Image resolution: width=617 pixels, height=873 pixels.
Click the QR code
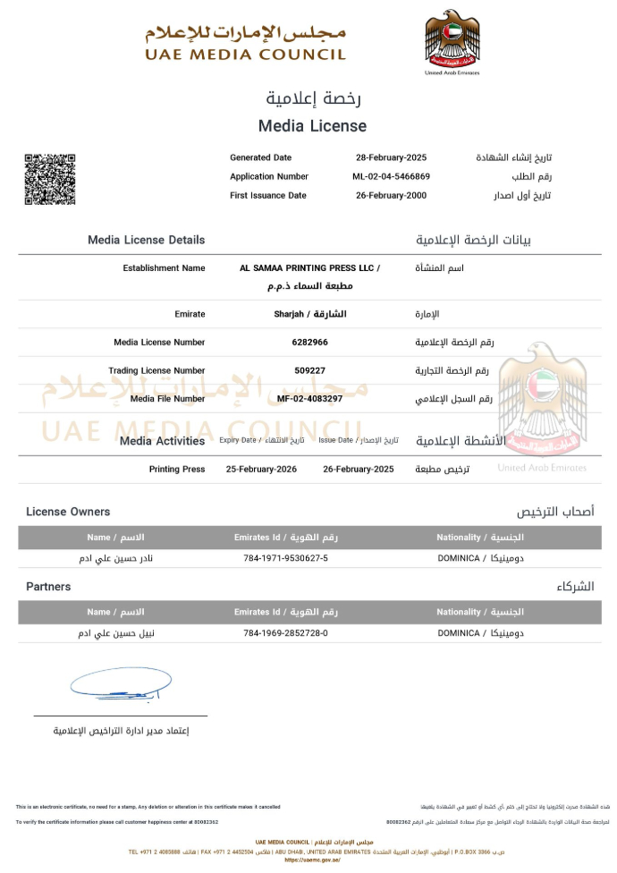click(x=49, y=179)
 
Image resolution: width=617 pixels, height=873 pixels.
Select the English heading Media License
click(x=312, y=126)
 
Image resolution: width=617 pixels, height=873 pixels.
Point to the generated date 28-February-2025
click(x=391, y=157)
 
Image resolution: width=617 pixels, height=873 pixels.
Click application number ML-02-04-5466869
click(x=391, y=176)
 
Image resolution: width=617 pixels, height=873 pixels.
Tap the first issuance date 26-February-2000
click(x=391, y=195)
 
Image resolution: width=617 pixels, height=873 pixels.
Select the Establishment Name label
click(x=164, y=267)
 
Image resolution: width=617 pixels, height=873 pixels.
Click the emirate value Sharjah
click(x=309, y=314)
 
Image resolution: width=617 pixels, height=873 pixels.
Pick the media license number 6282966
click(x=309, y=343)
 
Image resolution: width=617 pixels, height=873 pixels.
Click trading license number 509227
click(x=309, y=370)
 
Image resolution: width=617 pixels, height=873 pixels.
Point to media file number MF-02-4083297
click(x=309, y=398)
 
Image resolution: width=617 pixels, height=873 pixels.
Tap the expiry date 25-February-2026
click(x=261, y=469)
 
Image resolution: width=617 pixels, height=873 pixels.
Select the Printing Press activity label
click(x=177, y=469)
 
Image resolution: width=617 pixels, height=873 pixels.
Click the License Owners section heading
click(x=68, y=512)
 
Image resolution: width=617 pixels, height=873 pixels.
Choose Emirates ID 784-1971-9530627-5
click(x=285, y=558)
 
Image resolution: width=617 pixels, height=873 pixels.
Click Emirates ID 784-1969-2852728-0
click(x=285, y=633)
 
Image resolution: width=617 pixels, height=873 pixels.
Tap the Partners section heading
click(x=48, y=587)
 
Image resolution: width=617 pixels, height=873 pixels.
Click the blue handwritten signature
click(x=114, y=686)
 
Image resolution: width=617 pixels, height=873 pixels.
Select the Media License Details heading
click(x=146, y=240)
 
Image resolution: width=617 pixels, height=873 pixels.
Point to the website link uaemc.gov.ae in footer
click(x=308, y=860)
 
